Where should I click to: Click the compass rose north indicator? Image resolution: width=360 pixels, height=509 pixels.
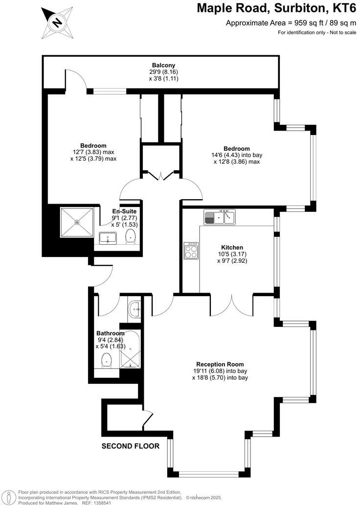pyautogui.click(x=57, y=23)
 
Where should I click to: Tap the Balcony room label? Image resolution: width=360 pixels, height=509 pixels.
pyautogui.click(x=163, y=65)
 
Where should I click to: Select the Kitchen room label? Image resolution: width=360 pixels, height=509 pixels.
pyautogui.click(x=232, y=248)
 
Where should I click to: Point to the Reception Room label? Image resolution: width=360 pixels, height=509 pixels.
pyautogui.click(x=220, y=364)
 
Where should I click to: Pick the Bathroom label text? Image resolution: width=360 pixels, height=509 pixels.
pyautogui.click(x=110, y=333)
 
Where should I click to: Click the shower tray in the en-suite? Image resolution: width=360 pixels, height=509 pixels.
pyautogui.click(x=77, y=222)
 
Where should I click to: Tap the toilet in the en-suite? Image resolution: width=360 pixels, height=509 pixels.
pyautogui.click(x=130, y=237)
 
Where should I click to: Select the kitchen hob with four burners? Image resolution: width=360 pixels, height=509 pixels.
pyautogui.click(x=190, y=251)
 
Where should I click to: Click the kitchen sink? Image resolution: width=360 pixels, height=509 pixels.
pyautogui.click(x=220, y=216)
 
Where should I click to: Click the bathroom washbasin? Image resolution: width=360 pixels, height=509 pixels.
pyautogui.click(x=135, y=308)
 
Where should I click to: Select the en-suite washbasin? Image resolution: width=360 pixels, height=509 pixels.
pyautogui.click(x=108, y=238)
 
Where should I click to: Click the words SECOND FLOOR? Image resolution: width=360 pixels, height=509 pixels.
pyautogui.click(x=130, y=446)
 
